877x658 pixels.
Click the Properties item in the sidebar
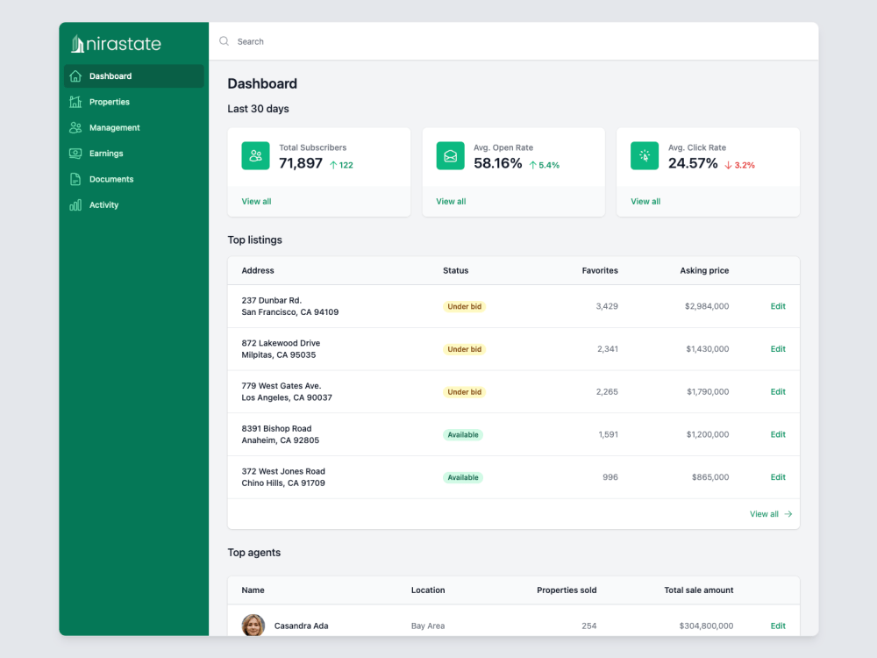coord(109,102)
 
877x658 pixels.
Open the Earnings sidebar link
coord(105,154)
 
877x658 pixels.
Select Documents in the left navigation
coord(111,179)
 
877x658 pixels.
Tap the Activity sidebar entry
coord(103,205)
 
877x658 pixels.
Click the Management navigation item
coord(114,128)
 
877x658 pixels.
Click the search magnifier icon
coord(225,41)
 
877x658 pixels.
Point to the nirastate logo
coord(116,44)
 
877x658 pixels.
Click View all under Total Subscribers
coord(256,202)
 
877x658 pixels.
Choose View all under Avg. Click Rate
coord(645,202)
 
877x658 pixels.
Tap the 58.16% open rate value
coord(498,163)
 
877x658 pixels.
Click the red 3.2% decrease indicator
coord(739,165)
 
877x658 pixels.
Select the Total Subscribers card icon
coord(256,156)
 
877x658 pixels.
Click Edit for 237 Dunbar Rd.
coord(778,306)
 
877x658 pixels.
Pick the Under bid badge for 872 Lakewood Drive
coord(464,349)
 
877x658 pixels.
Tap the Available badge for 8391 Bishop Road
coord(462,435)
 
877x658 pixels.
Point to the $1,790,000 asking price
coord(708,392)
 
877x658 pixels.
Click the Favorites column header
coord(600,271)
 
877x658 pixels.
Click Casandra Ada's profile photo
coord(253,626)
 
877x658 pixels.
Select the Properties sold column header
coord(567,590)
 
